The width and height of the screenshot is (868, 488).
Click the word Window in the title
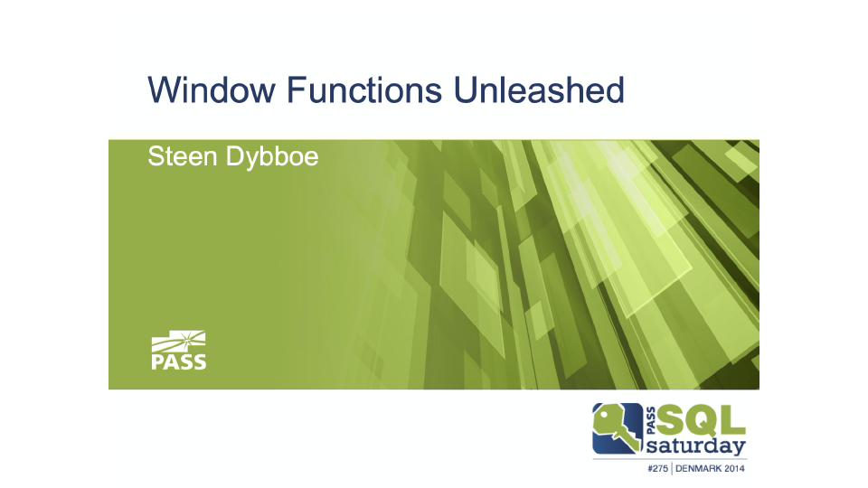point(211,89)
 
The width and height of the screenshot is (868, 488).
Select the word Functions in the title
point(364,89)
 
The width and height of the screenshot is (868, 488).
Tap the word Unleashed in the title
point(539,89)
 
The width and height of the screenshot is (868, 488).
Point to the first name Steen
point(182,156)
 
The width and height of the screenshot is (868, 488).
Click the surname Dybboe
point(272,157)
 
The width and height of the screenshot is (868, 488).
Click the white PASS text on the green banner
point(179,361)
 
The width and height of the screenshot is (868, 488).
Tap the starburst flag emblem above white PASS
point(179,342)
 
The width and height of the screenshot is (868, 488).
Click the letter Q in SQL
point(700,420)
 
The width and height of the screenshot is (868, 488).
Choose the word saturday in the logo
point(696,446)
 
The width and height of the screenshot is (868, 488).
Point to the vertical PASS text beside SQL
point(651,420)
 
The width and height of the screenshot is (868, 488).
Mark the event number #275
point(657,469)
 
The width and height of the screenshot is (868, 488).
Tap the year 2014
point(734,469)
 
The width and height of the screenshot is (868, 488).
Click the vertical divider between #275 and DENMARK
point(672,469)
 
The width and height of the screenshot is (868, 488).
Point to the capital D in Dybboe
point(233,156)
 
